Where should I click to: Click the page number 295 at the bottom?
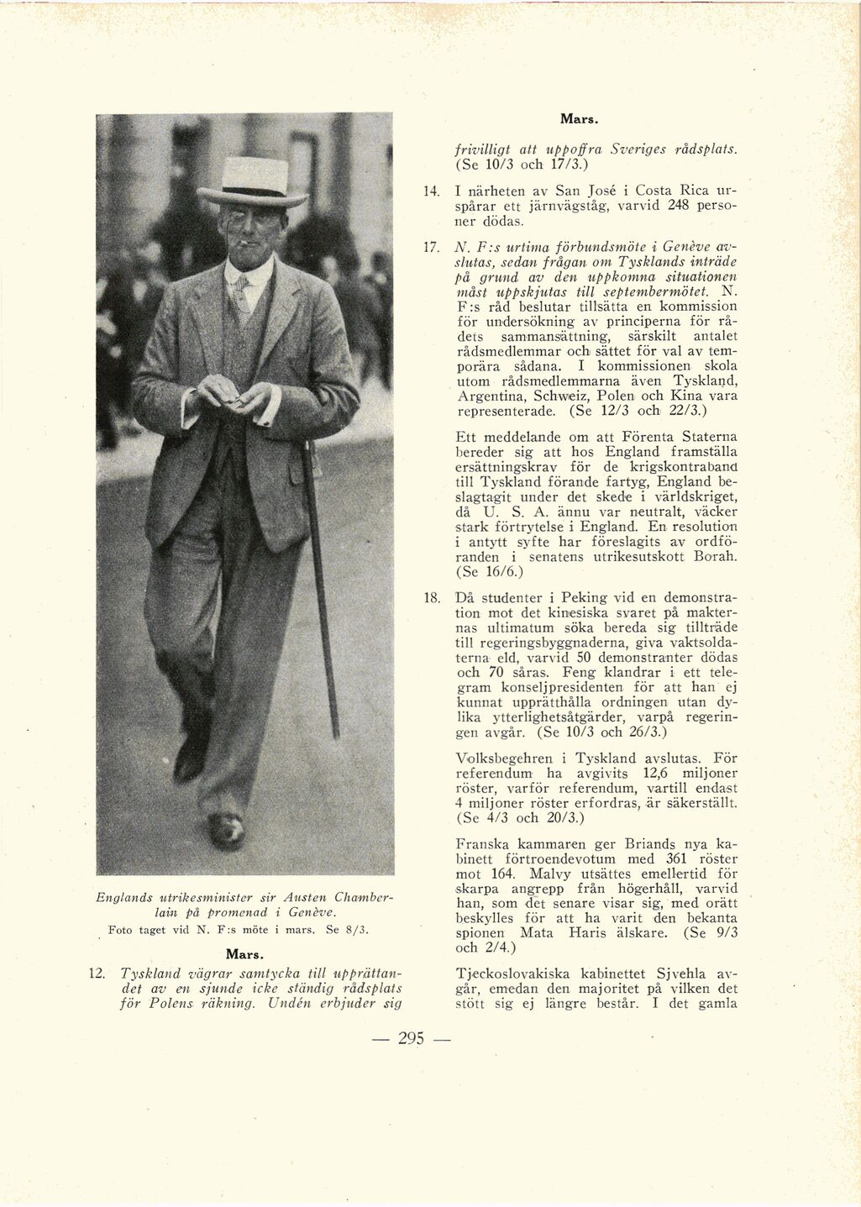pos(411,1038)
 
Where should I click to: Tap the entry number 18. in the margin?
pos(432,598)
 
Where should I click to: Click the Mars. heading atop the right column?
pos(578,119)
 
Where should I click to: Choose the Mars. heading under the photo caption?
pos(245,954)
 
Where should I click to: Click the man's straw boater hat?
pos(254,181)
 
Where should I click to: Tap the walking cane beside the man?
pos(322,588)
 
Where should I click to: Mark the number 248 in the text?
pos(680,206)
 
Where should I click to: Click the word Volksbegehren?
pos(504,758)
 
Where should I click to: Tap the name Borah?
pos(716,556)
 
